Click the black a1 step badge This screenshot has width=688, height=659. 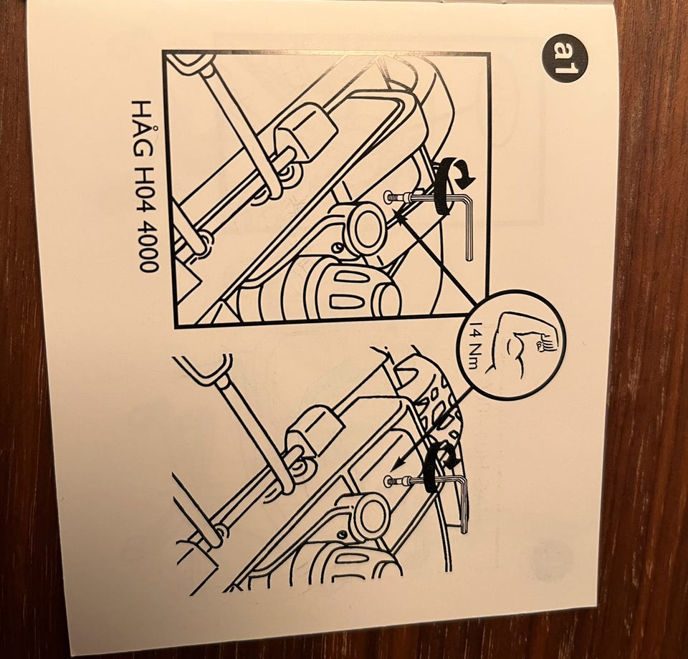pyautogui.click(x=564, y=58)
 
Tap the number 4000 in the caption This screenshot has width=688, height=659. pyautogui.click(x=146, y=250)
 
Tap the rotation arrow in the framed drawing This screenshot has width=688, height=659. pyautogui.click(x=452, y=185)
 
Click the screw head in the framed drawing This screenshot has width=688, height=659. pyautogui.click(x=388, y=197)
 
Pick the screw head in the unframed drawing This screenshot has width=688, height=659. pyautogui.click(x=388, y=481)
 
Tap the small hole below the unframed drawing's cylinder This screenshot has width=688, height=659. pyautogui.click(x=340, y=536)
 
